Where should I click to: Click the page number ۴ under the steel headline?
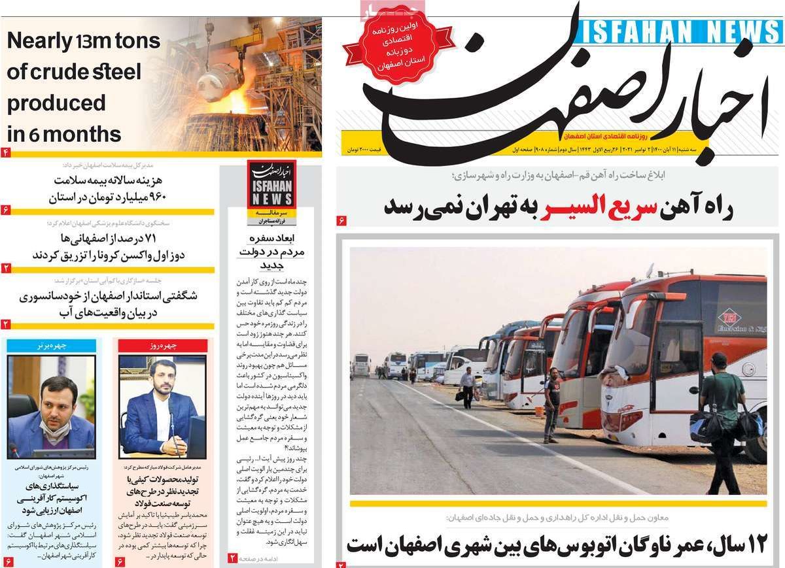pyautogui.click(x=5, y=153)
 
